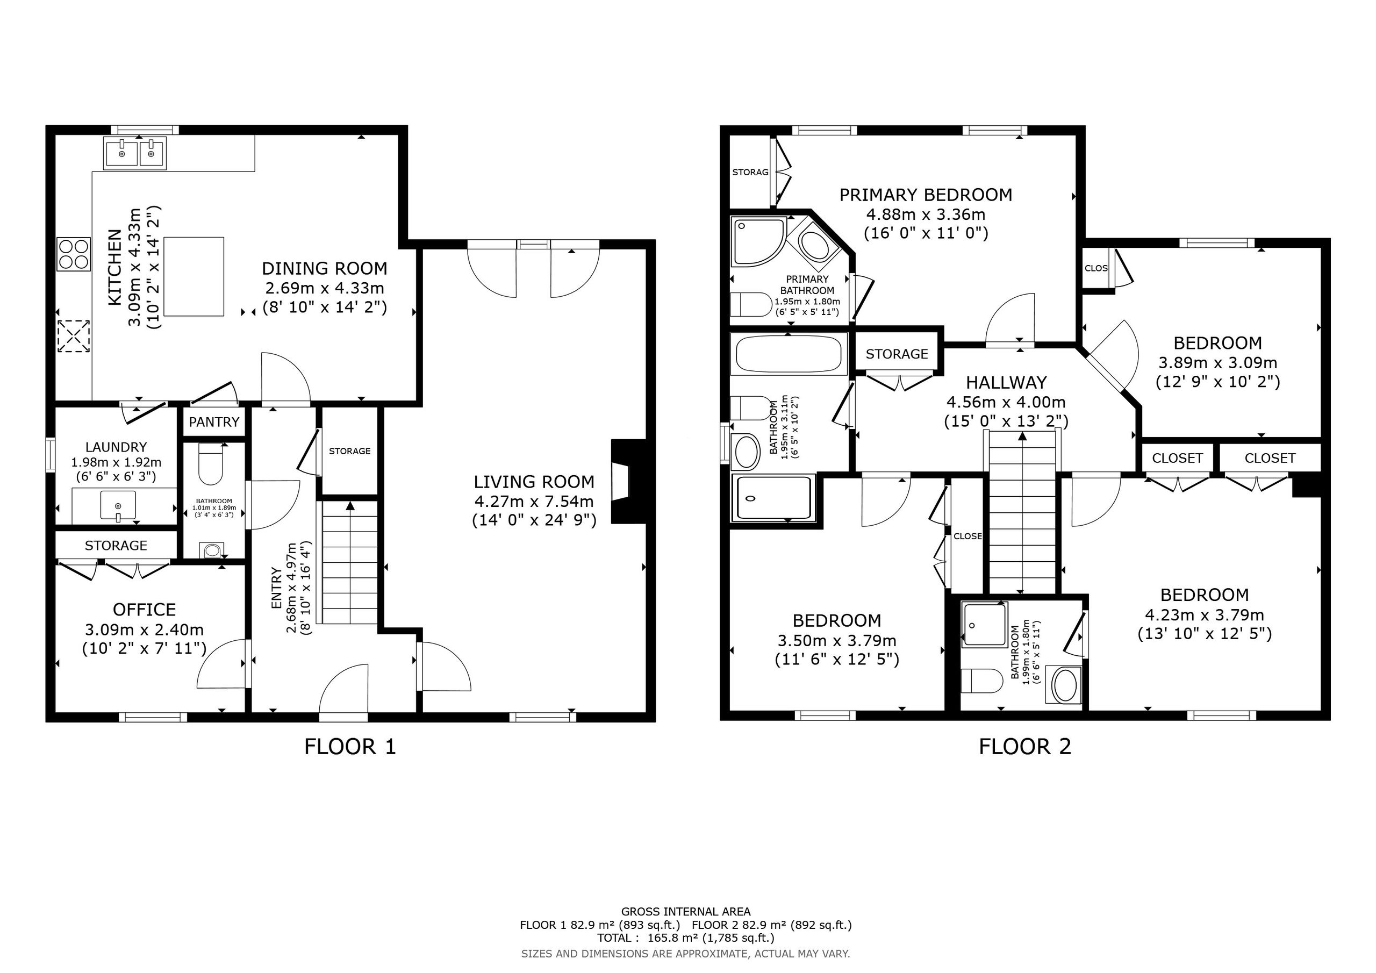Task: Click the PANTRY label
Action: pyautogui.click(x=214, y=422)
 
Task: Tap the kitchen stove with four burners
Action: pyautogui.click(x=73, y=254)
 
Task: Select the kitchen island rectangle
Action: pyautogui.click(x=193, y=276)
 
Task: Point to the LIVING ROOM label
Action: pyautogui.click(x=534, y=482)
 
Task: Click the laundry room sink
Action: pyautogui.click(x=118, y=505)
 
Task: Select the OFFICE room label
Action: pyautogui.click(x=145, y=610)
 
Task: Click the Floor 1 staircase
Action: pyautogui.click(x=350, y=562)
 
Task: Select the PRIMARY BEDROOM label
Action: pyautogui.click(x=926, y=195)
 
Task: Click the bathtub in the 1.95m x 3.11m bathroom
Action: pyautogui.click(x=789, y=354)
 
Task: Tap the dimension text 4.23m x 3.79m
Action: pyautogui.click(x=1205, y=615)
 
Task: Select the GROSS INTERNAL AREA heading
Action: pyautogui.click(x=686, y=912)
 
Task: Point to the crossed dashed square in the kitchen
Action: pyautogui.click(x=73, y=337)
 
